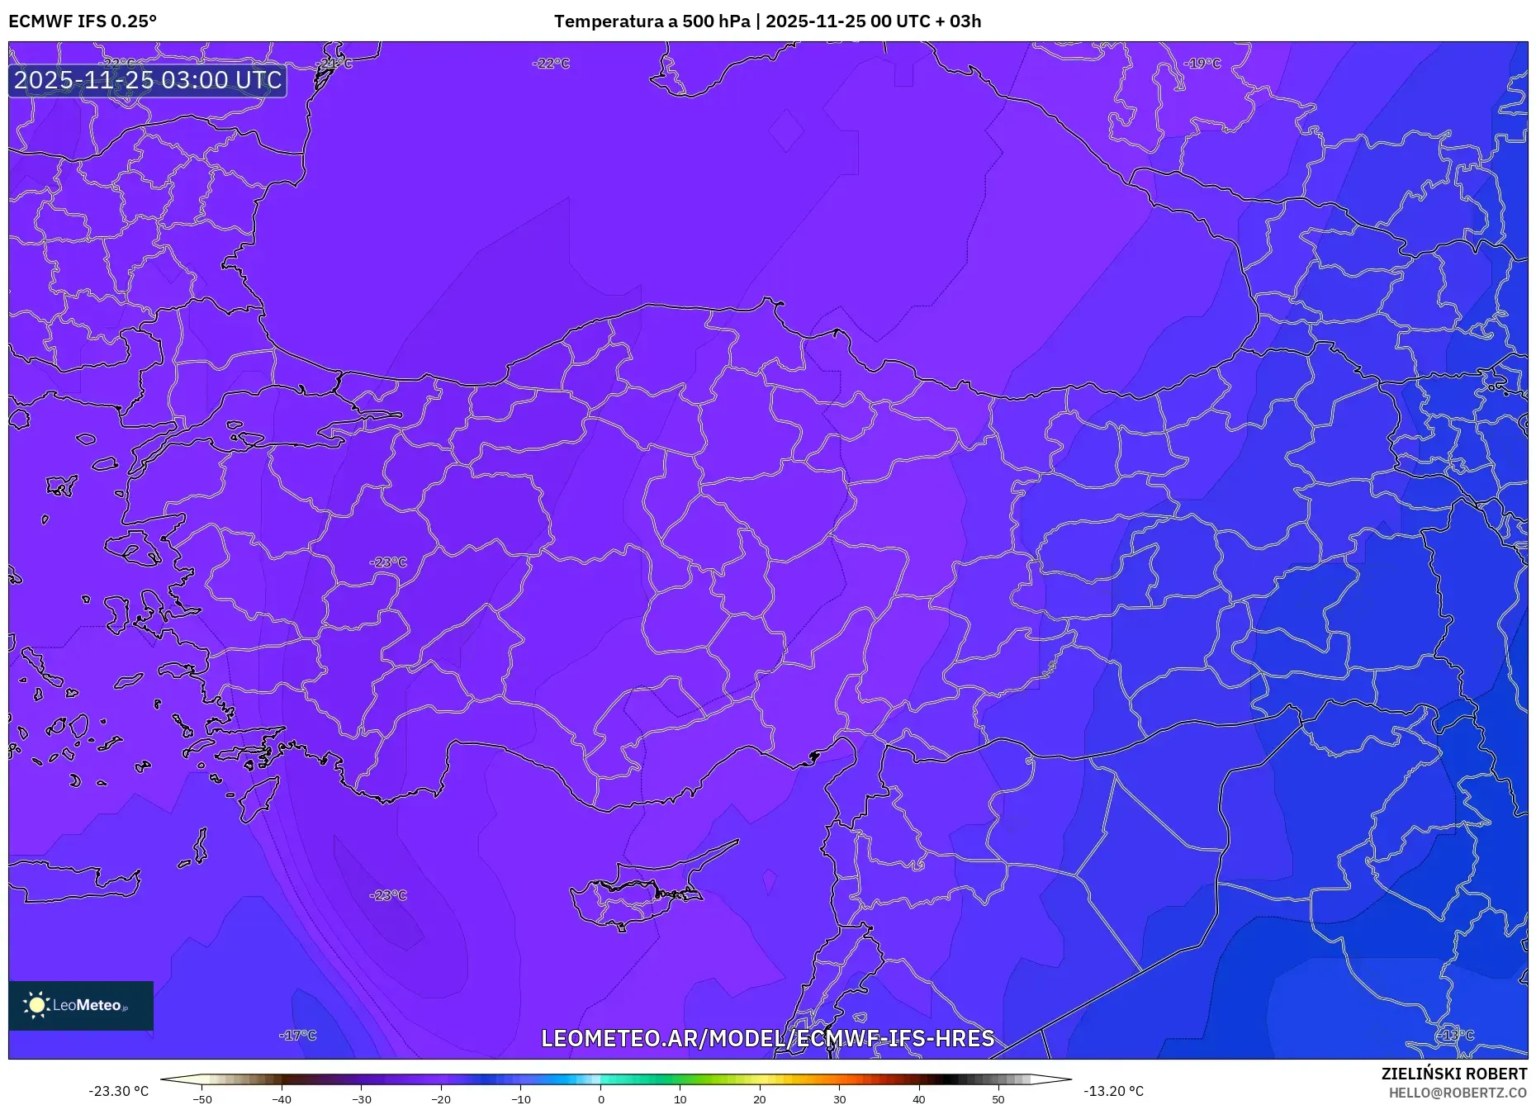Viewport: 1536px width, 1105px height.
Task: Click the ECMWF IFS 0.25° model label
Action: pos(83,21)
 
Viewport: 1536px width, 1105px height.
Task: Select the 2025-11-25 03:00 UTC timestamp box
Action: pos(148,80)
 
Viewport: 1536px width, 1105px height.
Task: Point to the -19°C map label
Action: pos(1202,64)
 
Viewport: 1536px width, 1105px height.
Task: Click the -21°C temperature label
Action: pos(334,64)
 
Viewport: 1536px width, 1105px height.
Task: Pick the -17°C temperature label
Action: pos(297,1035)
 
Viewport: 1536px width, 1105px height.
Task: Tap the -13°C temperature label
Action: pos(1454,1035)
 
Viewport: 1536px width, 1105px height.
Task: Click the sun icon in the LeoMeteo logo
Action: pos(36,1005)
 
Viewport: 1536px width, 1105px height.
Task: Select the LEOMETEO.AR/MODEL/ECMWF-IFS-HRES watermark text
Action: pos(767,1038)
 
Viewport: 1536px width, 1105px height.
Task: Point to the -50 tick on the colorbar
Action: pos(202,1099)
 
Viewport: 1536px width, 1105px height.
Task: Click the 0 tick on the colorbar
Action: pos(600,1099)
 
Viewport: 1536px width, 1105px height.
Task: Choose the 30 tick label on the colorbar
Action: pos(839,1099)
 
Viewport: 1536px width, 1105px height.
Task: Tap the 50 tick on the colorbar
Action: pos(998,1099)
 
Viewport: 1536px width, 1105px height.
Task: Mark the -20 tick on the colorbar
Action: pos(441,1099)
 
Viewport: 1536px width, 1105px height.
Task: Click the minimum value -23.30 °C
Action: pos(119,1091)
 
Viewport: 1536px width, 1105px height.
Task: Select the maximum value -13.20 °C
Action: pos(1113,1091)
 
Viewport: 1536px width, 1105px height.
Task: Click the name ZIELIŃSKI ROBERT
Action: pos(1453,1074)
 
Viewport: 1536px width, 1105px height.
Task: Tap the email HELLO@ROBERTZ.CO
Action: pos(1457,1093)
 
